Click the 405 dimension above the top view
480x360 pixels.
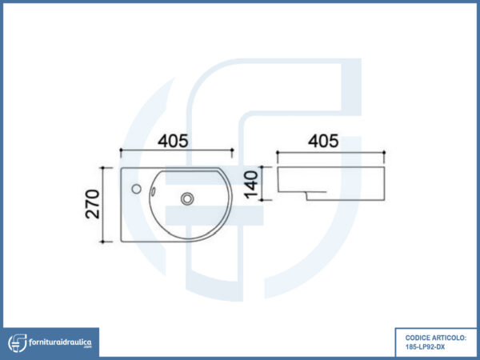(x=173, y=141)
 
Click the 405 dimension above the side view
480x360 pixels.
(x=323, y=141)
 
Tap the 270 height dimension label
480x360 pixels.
(x=93, y=204)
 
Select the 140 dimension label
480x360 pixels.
(x=251, y=185)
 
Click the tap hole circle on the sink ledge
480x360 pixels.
(x=137, y=189)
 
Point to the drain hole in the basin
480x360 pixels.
(x=187, y=198)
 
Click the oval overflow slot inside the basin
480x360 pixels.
(x=153, y=191)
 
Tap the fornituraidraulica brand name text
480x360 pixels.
(x=60, y=342)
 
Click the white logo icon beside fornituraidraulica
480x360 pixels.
(x=18, y=343)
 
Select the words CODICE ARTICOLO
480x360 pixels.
(x=436, y=338)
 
